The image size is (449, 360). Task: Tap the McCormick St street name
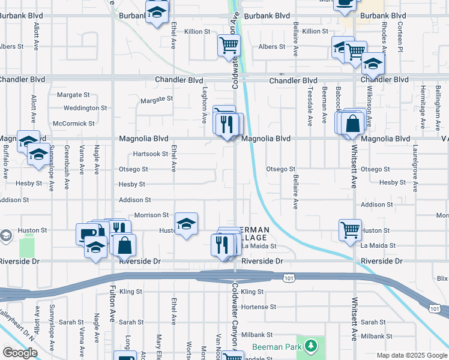point(74,124)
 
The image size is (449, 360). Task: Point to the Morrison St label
point(151,215)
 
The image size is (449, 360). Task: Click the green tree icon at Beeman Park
point(310,346)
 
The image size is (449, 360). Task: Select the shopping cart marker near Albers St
point(229,44)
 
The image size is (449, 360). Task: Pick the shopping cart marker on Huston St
point(350,229)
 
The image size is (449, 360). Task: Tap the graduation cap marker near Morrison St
point(186,224)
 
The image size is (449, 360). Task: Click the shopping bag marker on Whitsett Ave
point(354,124)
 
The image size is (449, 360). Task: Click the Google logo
point(20,353)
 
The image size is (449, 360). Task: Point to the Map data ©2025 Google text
point(411,355)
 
